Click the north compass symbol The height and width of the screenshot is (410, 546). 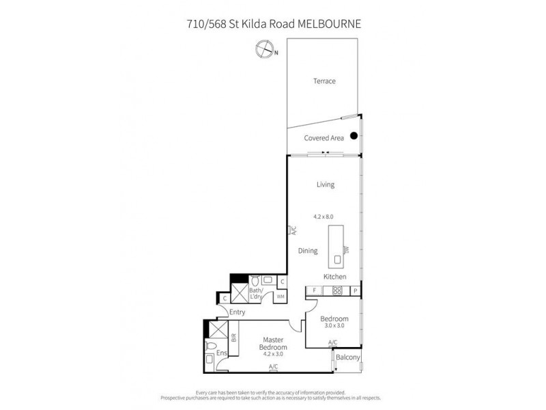tap(262, 49)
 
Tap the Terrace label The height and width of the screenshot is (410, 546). tap(324, 81)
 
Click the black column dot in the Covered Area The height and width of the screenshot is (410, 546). tap(354, 136)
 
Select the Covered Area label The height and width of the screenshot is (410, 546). tap(324, 138)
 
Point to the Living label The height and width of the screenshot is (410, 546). tap(325, 184)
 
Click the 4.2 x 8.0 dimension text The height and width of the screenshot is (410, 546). tap(325, 215)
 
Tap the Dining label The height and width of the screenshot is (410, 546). tap(308, 251)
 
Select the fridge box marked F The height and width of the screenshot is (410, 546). tap(314, 291)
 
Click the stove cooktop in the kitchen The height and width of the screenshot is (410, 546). tap(336, 291)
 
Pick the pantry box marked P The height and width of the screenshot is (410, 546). tap(356, 291)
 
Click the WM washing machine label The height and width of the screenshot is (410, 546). tap(280, 297)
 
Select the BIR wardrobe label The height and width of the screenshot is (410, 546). tap(233, 337)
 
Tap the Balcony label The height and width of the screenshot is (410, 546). tap(349, 356)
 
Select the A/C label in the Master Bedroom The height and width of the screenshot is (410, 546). tap(273, 367)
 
